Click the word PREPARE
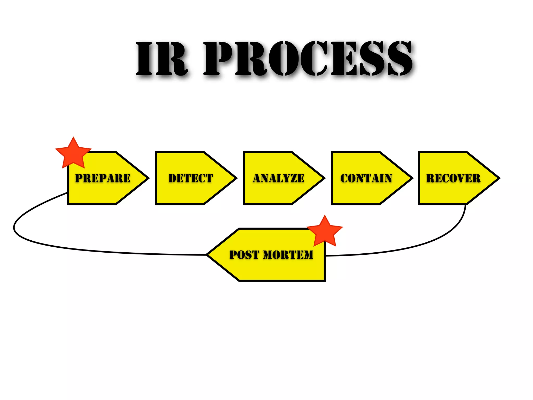point(103,178)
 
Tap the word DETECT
point(191,178)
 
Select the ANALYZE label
point(278,178)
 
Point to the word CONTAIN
point(366,178)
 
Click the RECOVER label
point(453,178)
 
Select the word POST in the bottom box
point(244,255)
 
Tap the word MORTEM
point(288,255)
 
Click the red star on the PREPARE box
point(73,154)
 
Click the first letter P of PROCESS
point(217,59)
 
